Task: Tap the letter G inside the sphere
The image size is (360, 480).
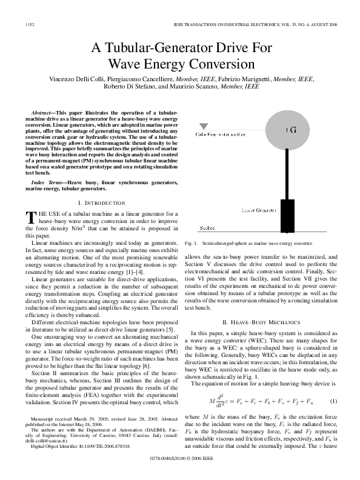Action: click(292, 130)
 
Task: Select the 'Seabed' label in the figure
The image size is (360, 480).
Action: click(207, 228)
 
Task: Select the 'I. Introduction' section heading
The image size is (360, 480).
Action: click(102, 202)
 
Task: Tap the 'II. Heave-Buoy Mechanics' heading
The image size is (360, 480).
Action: click(262, 322)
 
